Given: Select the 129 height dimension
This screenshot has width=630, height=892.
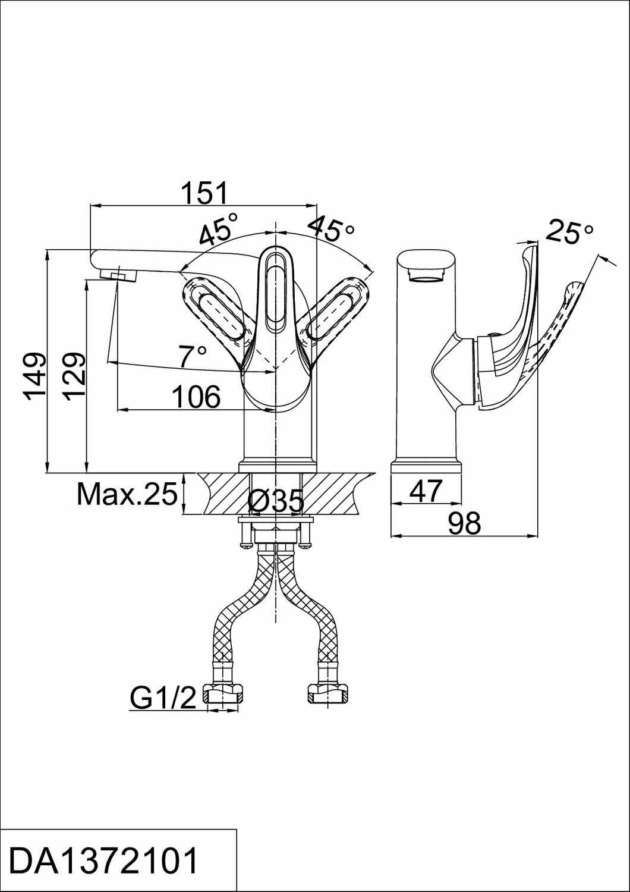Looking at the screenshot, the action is pos(74,376).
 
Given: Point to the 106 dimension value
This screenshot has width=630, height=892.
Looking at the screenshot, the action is pos(196,397).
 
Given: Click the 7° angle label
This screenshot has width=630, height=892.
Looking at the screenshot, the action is pos(193,356).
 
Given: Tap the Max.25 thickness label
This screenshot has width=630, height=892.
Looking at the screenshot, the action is pos(127,494).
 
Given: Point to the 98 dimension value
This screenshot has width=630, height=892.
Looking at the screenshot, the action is pos(464,523).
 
